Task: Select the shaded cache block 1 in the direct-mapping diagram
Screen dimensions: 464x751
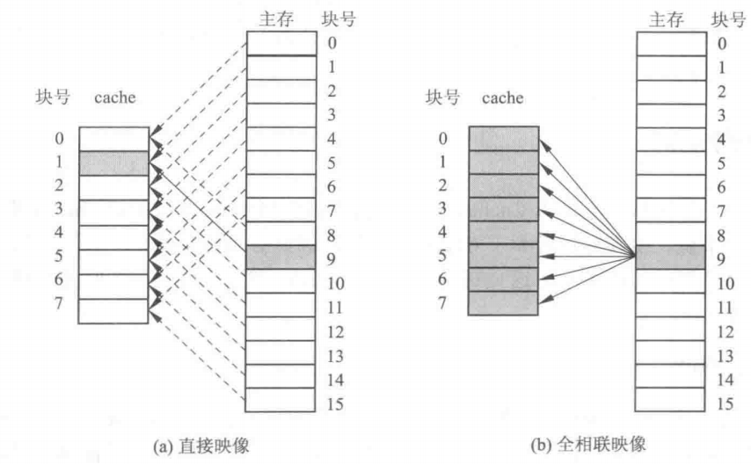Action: [x=113, y=163]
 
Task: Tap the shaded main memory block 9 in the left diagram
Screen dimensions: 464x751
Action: [x=281, y=257]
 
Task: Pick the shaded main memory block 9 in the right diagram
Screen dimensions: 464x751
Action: [x=669, y=257]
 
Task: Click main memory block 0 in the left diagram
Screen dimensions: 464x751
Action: [x=281, y=43]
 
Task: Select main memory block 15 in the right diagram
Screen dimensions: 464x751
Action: [x=669, y=400]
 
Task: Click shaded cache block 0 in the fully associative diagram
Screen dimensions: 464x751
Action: [x=503, y=139]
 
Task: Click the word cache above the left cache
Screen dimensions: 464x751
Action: [x=115, y=98]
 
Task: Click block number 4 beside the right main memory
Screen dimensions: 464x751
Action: [x=721, y=139]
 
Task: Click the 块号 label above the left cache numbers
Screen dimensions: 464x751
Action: [x=49, y=98]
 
